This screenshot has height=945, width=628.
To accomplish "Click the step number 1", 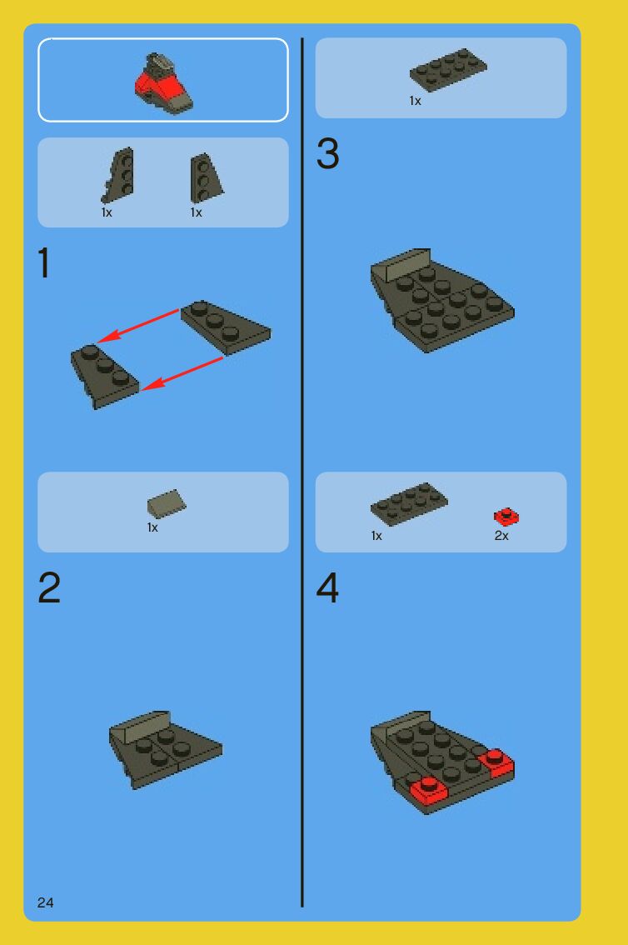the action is tap(43, 262).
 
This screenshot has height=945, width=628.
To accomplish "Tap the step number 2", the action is tap(49, 587).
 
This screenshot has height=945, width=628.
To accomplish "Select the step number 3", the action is tap(327, 153).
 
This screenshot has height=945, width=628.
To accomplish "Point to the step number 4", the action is tap(327, 587).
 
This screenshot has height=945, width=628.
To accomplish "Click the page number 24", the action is tap(45, 902).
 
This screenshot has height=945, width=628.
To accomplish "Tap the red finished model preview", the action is tap(162, 83).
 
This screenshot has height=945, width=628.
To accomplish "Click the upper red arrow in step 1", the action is tap(138, 326).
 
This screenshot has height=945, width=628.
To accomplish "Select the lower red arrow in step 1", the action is tap(182, 373).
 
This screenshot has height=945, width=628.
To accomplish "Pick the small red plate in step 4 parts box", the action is tap(506, 517).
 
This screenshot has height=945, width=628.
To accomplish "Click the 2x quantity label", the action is tap(501, 536).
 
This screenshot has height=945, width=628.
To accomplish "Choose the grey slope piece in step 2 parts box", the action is tap(167, 504).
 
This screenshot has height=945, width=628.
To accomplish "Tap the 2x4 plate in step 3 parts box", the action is tap(449, 70).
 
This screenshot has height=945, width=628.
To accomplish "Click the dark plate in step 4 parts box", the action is tap(410, 504).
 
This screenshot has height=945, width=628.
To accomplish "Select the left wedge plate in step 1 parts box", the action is tap(117, 175).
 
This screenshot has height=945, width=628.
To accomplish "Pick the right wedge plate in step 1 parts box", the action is tap(207, 177).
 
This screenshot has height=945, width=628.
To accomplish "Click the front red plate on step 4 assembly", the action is tap(429, 790).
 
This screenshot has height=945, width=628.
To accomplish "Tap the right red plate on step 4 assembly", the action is tap(496, 762).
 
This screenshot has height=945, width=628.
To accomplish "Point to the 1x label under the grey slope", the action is tap(152, 527).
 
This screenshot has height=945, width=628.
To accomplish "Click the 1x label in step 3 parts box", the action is tap(415, 101).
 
